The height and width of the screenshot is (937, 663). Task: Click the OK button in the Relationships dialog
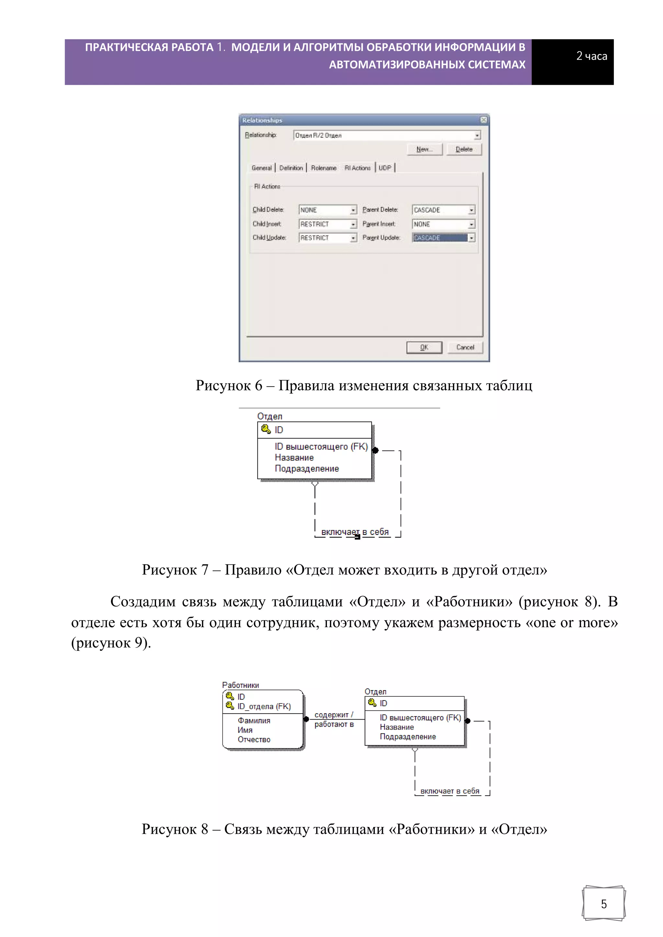tap(424, 347)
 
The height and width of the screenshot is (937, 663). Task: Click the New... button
tap(425, 149)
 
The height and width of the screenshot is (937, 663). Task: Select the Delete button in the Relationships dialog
tap(464, 149)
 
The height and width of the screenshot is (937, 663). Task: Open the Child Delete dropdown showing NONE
tap(328, 210)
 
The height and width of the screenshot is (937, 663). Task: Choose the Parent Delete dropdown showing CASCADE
tap(443, 210)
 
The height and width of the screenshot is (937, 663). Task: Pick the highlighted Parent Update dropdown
tap(443, 237)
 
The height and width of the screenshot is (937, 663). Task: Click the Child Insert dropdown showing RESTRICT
tap(328, 224)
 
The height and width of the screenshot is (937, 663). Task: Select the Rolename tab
tap(323, 168)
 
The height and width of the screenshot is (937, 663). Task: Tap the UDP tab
tap(385, 168)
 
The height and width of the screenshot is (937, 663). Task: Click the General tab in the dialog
tap(262, 168)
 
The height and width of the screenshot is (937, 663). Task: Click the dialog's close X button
tap(484, 120)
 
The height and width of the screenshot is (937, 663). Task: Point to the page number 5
tap(604, 904)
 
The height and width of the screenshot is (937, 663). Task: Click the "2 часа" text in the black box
tap(591, 56)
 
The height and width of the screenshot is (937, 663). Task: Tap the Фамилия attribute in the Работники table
tap(254, 721)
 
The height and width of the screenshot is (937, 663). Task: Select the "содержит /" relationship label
tap(334, 715)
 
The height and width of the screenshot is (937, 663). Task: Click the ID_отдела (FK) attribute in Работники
tap(264, 706)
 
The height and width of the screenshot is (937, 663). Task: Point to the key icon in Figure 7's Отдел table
tap(266, 429)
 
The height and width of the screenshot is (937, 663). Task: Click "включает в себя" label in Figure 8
tap(450, 791)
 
